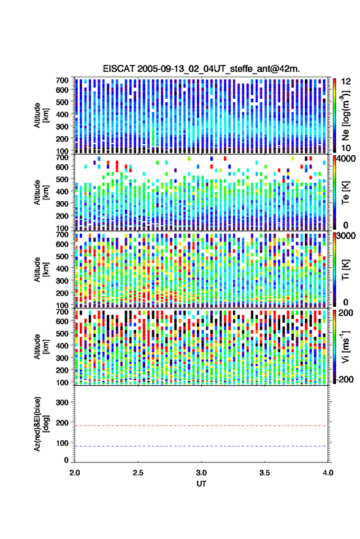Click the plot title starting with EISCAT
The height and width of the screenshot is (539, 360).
(x=201, y=69)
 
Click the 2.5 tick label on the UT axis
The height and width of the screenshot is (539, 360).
(x=138, y=473)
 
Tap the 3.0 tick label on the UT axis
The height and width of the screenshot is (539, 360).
(x=201, y=473)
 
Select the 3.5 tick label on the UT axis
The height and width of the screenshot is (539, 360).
(x=264, y=473)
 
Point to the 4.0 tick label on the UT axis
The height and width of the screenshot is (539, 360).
(x=327, y=473)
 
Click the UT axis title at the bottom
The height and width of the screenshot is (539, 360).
(x=201, y=484)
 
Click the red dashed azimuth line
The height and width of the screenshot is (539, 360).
(x=201, y=426)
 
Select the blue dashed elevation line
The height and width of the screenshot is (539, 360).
(x=201, y=446)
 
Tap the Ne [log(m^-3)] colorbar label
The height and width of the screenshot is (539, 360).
(x=345, y=115)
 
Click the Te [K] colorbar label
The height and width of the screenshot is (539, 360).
(x=345, y=192)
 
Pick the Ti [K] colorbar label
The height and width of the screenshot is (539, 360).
(x=345, y=270)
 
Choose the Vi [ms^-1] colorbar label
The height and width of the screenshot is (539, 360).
(x=345, y=346)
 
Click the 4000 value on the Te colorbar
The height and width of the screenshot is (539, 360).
(x=347, y=160)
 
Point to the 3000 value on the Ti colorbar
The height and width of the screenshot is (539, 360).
(x=347, y=237)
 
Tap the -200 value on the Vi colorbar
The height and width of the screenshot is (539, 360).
(x=345, y=380)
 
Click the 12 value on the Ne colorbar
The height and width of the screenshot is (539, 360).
(x=346, y=82)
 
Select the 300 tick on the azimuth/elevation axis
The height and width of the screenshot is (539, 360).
(x=62, y=402)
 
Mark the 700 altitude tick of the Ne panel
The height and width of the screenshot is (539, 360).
(x=62, y=80)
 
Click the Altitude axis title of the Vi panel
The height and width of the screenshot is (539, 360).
(x=41, y=346)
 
